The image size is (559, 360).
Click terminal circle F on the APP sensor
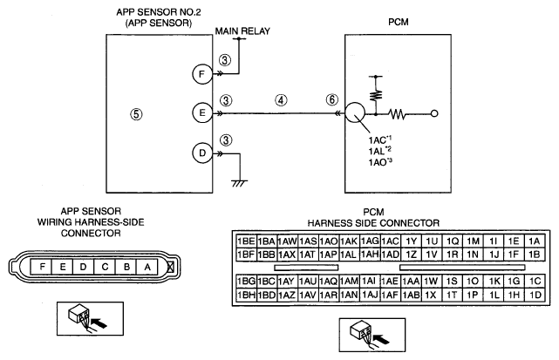point(202,74)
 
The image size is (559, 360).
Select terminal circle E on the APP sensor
point(202,113)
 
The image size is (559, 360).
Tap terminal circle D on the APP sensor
point(202,153)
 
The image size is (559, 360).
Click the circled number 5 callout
point(136,114)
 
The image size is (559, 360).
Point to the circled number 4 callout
point(281,100)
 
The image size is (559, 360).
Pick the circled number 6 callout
point(332,99)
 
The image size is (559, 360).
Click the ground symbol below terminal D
point(240,183)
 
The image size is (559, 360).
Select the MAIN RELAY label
point(242,31)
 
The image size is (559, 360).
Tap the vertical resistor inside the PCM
point(376,95)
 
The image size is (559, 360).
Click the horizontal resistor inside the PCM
point(398,114)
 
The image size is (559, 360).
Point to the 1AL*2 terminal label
point(379,151)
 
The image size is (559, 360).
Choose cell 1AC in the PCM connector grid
point(391,241)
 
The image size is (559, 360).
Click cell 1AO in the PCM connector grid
point(329,241)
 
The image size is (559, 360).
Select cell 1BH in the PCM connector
point(246,295)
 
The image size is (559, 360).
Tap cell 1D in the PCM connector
point(535,295)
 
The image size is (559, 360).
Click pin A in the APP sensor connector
point(147,267)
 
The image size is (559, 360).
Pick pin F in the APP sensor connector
point(42,267)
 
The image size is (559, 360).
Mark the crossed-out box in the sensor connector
point(171,267)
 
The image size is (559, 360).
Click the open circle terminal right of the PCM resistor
point(434,113)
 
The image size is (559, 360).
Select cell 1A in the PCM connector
point(535,241)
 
